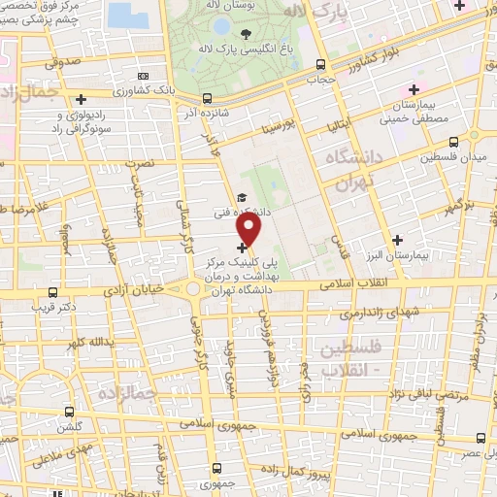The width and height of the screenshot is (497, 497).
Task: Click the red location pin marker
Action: tap(250, 230)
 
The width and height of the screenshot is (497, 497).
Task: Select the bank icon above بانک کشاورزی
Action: tap(144, 76)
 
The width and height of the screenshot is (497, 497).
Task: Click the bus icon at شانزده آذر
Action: tap(208, 98)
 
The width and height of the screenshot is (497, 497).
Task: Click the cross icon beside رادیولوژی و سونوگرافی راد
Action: tap(82, 99)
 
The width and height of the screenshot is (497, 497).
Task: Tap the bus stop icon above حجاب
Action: tap(319, 65)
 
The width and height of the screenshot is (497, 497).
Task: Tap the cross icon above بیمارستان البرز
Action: tap(397, 240)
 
